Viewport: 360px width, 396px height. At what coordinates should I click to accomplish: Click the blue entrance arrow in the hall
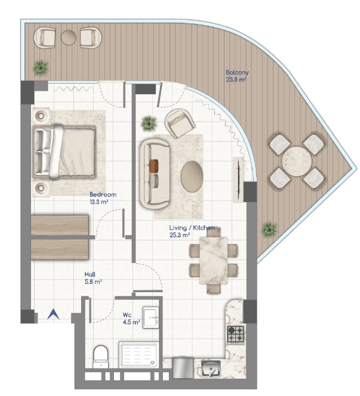tap(53, 315)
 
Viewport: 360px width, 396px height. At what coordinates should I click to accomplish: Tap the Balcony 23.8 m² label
tap(237, 76)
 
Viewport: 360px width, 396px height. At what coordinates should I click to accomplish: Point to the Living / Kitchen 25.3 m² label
tap(192, 231)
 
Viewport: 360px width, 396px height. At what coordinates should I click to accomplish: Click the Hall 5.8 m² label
tap(93, 278)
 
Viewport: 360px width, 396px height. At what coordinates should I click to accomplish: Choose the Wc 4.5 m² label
tap(131, 318)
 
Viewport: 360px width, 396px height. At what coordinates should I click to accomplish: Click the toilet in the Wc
tap(101, 357)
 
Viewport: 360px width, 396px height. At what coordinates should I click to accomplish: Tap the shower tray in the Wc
tap(139, 355)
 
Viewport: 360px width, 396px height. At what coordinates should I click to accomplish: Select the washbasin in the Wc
tap(151, 317)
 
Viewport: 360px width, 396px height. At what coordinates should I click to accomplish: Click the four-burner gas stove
tap(236, 334)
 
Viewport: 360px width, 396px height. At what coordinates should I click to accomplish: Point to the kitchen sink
tap(211, 369)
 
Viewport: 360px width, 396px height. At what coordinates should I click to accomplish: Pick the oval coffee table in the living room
tap(192, 177)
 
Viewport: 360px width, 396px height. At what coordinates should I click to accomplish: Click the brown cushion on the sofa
tap(154, 166)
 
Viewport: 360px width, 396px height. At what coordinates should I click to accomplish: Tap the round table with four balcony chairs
tap(297, 161)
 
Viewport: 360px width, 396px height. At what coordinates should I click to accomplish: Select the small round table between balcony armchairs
tap(69, 38)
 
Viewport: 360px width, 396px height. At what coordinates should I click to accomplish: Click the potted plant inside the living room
tap(149, 124)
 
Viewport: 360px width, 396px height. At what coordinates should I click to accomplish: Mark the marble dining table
tap(214, 260)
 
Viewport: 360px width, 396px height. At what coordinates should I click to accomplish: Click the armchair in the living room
tap(180, 123)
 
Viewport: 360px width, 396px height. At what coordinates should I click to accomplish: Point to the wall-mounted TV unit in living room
tap(238, 180)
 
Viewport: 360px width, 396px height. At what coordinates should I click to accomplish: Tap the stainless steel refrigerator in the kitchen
tap(183, 368)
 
